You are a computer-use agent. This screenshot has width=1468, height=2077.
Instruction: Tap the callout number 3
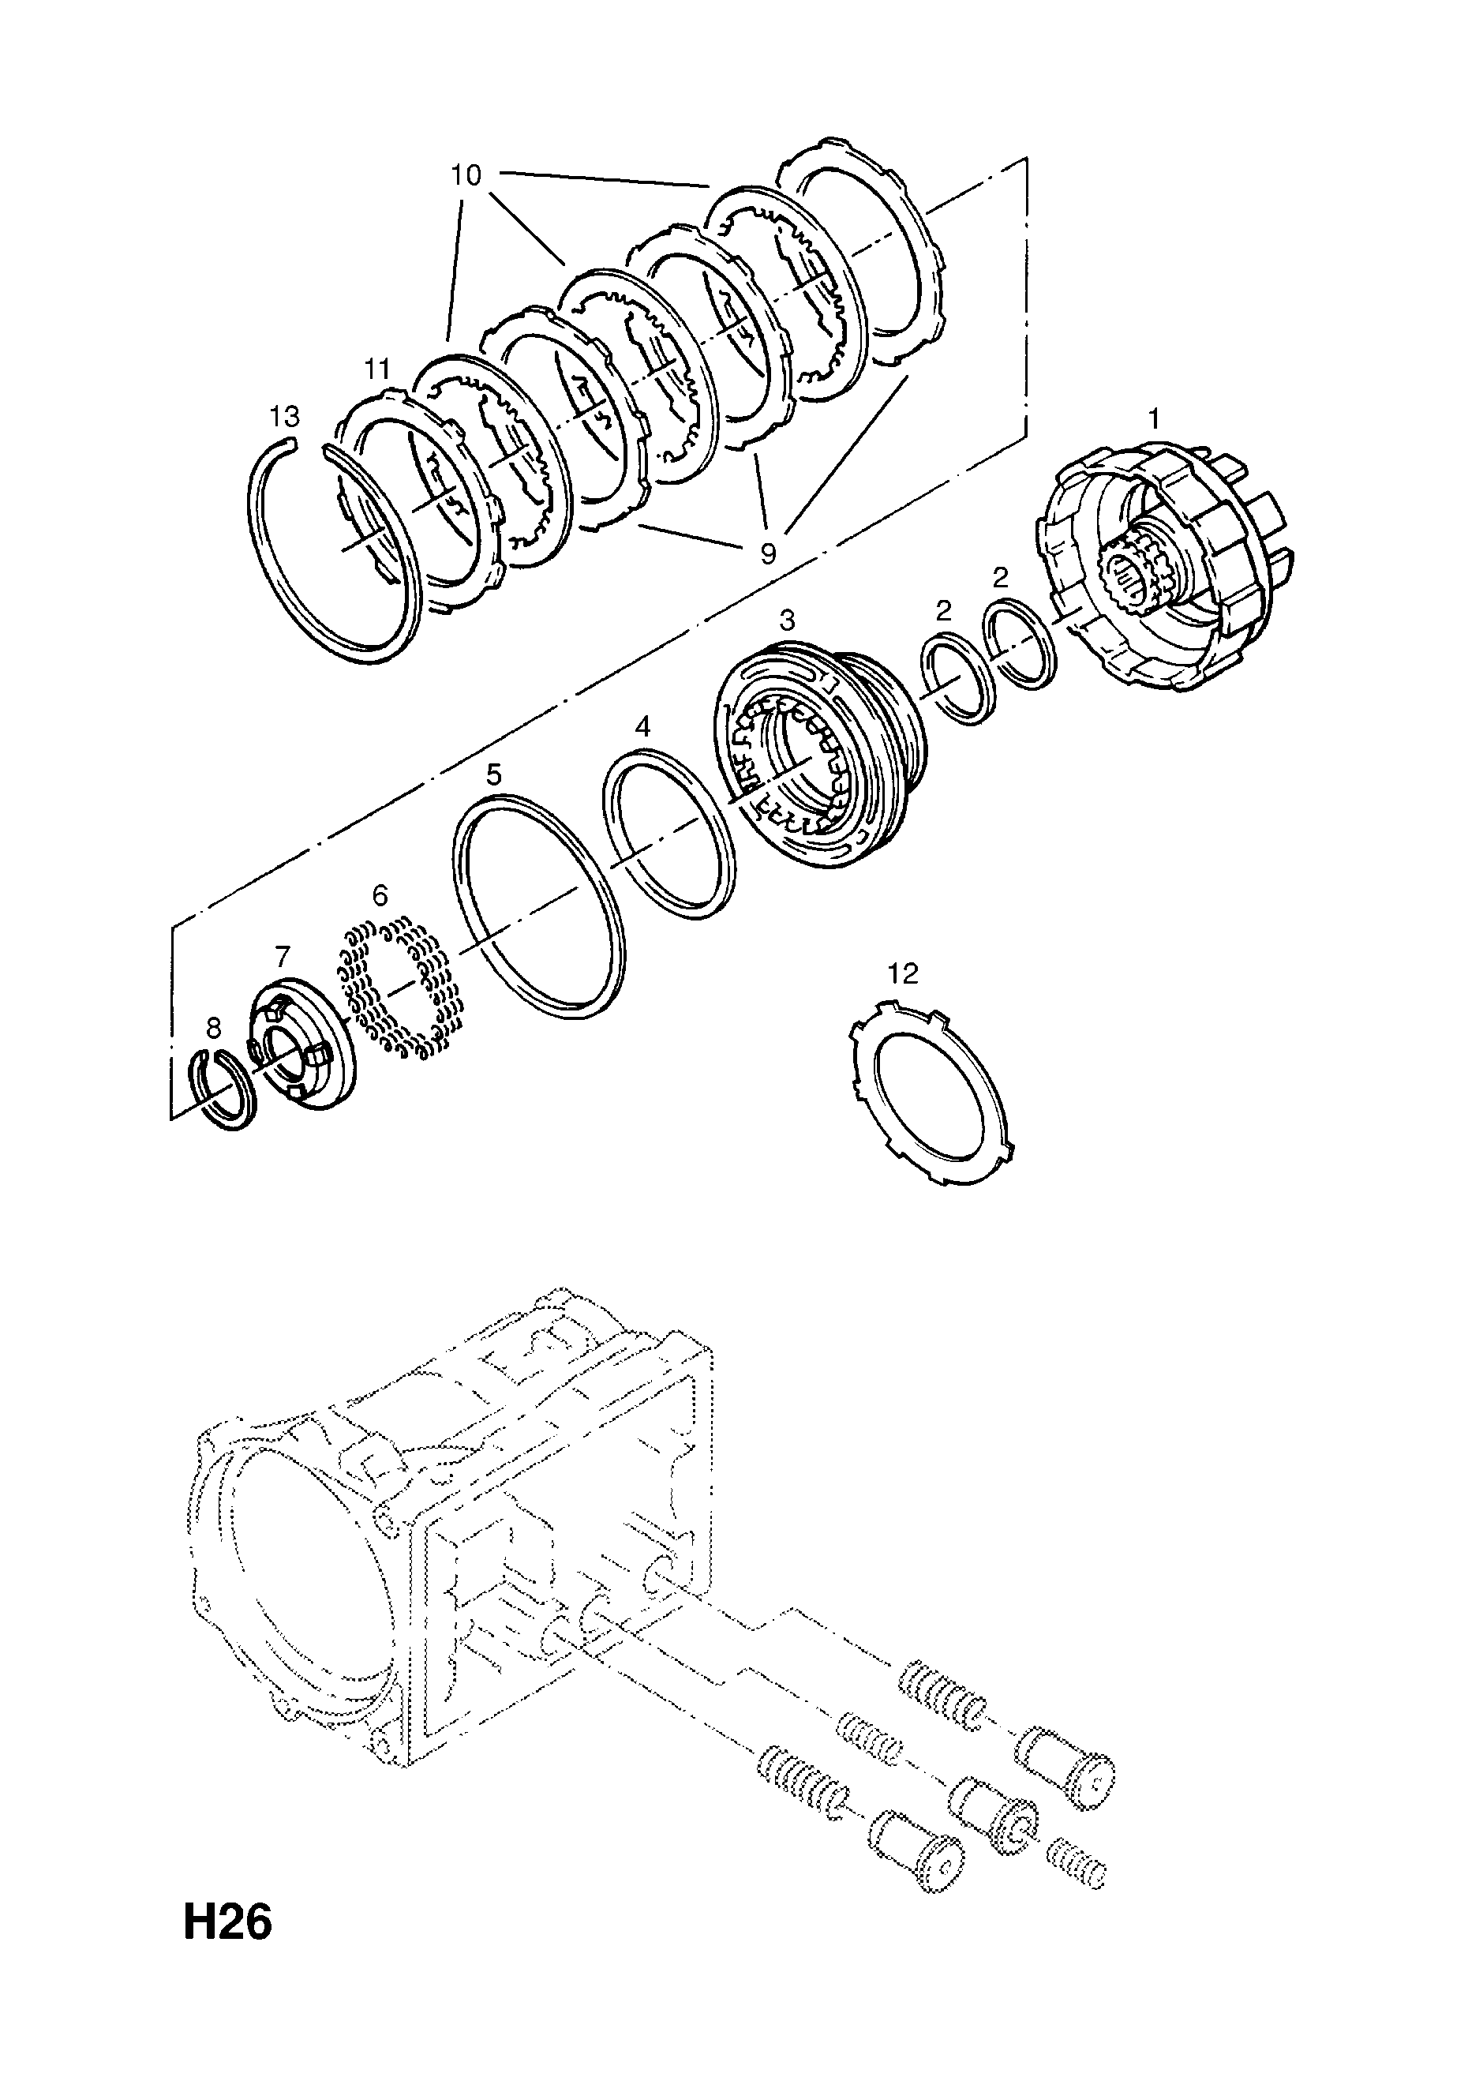point(787,620)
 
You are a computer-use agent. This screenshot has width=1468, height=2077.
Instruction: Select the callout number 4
point(642,726)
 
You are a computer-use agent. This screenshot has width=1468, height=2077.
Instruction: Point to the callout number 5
point(493,774)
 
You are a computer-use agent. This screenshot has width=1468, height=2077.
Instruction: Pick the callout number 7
point(283,956)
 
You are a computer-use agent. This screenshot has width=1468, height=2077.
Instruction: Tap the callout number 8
point(213,1028)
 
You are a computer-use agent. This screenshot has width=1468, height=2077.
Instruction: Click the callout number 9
point(767,553)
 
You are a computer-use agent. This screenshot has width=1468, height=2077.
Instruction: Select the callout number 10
point(466,174)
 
